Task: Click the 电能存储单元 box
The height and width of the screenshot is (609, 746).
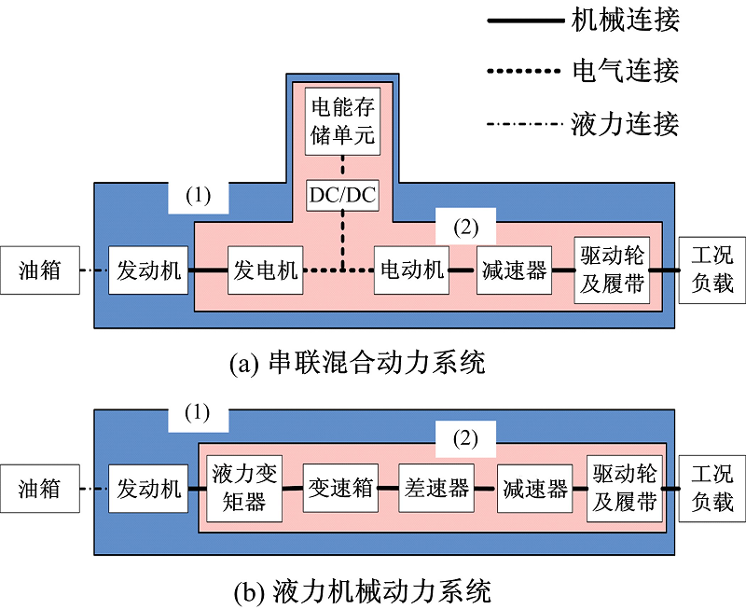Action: (x=343, y=121)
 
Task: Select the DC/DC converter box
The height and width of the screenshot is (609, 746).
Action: (x=343, y=195)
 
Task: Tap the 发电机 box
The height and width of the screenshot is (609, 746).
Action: (x=265, y=270)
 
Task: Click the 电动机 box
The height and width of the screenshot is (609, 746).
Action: (x=411, y=270)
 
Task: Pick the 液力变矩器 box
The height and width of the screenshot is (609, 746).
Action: (x=239, y=488)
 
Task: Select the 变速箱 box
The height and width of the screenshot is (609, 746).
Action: (x=340, y=488)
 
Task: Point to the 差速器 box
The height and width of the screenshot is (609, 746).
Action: (x=436, y=488)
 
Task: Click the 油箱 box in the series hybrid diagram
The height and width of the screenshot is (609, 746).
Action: (x=40, y=270)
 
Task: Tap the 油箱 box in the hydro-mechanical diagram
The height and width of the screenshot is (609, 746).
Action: (x=40, y=488)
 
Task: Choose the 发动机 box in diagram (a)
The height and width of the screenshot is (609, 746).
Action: (x=149, y=270)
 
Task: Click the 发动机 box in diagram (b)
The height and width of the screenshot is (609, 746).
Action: (x=149, y=488)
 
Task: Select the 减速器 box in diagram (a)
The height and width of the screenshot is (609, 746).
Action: (x=514, y=270)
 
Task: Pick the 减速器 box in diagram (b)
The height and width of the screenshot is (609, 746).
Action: (x=534, y=488)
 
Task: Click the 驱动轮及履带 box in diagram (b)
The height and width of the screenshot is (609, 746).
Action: (x=624, y=488)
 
